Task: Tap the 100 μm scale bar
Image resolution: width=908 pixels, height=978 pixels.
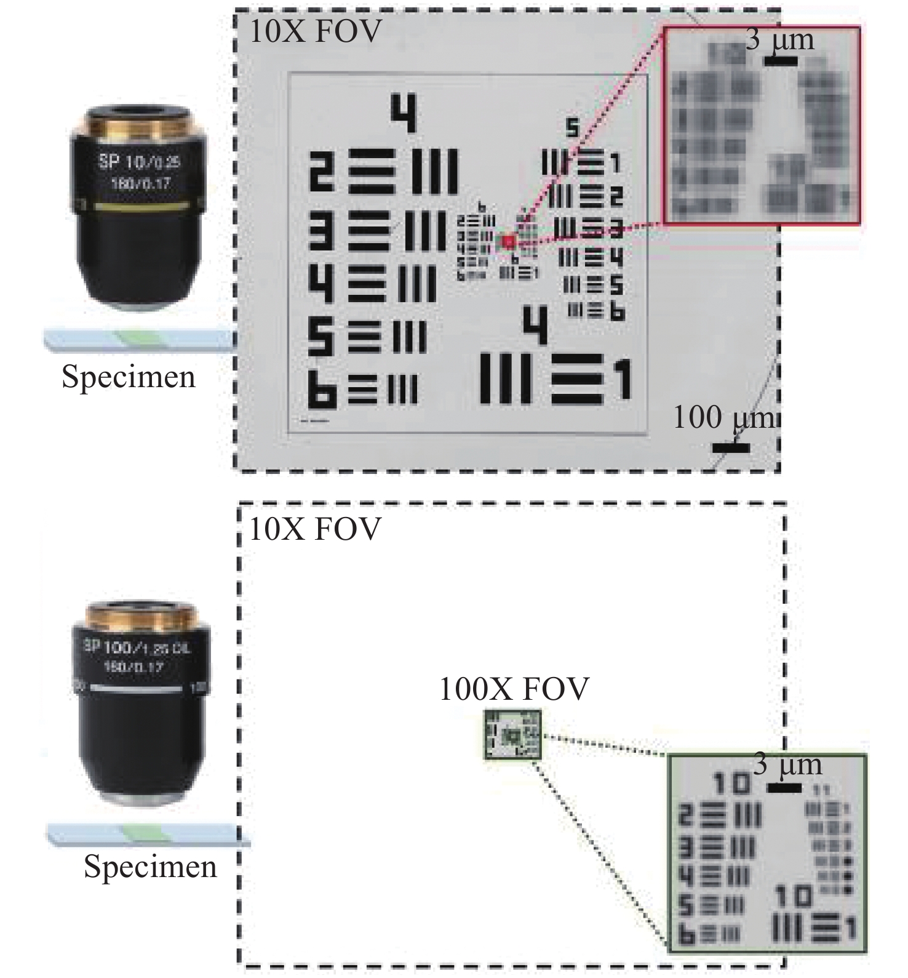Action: click(730, 447)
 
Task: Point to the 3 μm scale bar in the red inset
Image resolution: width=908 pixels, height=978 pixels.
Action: click(781, 61)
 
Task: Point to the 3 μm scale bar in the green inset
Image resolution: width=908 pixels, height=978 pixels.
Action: click(784, 787)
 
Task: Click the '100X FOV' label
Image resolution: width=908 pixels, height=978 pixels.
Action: click(514, 689)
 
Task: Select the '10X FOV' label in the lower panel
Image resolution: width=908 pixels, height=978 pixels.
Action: click(315, 529)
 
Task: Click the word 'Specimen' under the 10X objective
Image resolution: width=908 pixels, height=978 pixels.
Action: click(129, 377)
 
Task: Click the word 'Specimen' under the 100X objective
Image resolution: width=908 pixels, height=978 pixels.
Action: click(150, 867)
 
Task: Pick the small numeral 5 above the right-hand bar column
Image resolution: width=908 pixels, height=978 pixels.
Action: click(573, 129)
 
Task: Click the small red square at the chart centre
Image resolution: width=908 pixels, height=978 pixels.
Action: click(508, 242)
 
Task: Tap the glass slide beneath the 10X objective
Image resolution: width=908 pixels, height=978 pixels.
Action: click(138, 339)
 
